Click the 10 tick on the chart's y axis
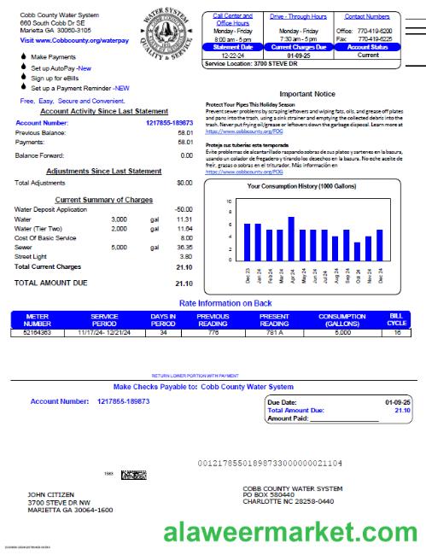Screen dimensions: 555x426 [229, 202]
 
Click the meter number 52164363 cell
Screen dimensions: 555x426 [38, 332]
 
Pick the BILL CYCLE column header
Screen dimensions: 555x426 [397, 319]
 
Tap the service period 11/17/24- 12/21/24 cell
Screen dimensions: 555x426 [104, 332]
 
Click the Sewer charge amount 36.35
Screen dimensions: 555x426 [184, 247]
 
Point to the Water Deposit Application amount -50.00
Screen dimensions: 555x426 [183, 209]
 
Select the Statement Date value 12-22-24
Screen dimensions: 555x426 [232, 55]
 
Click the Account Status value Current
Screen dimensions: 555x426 [368, 55]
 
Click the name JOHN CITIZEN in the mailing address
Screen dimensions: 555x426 [51, 494]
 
